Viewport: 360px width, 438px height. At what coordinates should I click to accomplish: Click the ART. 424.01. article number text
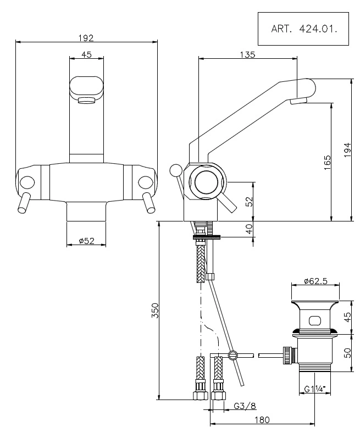[x=304, y=29]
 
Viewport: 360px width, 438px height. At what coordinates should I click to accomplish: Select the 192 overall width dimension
[x=86, y=38]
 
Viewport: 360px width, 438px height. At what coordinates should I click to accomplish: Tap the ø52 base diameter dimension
[x=87, y=241]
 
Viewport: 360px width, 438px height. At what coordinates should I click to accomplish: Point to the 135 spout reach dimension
[x=248, y=54]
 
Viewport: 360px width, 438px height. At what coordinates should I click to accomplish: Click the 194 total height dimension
[x=347, y=149]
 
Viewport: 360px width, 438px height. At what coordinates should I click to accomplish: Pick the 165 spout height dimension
[x=327, y=162]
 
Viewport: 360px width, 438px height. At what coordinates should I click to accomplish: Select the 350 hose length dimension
[x=155, y=311]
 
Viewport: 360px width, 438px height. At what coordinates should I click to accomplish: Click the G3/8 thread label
[x=245, y=406]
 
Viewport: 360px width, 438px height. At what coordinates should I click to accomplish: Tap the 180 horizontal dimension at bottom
[x=262, y=419]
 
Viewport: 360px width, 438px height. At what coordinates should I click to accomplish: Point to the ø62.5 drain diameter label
[x=315, y=281]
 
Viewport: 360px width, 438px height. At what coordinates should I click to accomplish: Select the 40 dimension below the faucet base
[x=250, y=229]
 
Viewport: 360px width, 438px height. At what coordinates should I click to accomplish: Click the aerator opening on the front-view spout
[x=86, y=101]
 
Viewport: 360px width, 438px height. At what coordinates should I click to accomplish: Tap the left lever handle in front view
[x=23, y=203]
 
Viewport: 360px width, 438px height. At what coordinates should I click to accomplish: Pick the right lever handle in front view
[x=148, y=203]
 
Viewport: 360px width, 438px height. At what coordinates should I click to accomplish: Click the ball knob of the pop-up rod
[x=175, y=170]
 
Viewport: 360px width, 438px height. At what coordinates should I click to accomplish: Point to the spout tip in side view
[x=298, y=101]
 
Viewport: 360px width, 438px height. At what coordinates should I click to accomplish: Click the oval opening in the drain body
[x=315, y=320]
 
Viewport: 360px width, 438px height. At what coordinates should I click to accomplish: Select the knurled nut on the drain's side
[x=287, y=355]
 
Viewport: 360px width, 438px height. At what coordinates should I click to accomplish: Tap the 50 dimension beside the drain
[x=347, y=353]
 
